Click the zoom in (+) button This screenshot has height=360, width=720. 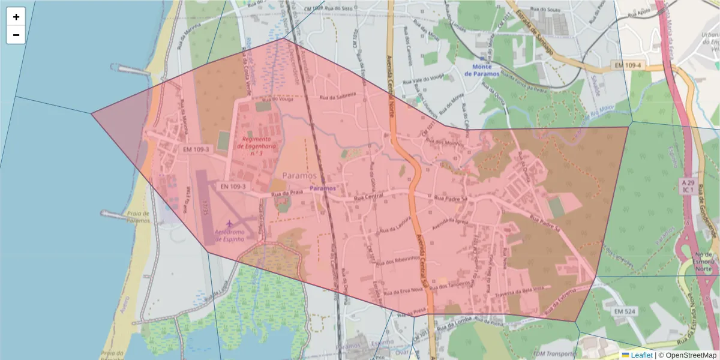pos(16,17)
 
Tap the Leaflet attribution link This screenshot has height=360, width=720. pos(641,355)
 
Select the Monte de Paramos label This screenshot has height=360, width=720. pos(485,70)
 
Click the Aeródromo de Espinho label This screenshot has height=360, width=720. pos(229,235)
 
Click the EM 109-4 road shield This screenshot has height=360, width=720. pos(628,64)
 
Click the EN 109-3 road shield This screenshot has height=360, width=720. pos(233,187)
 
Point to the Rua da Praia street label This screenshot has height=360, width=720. pos(287,194)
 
